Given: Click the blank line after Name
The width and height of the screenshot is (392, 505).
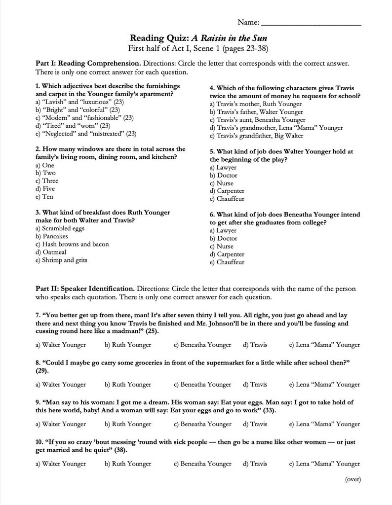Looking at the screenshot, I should pos(311,23).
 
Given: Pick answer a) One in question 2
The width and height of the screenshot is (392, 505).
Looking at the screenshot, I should pos(45,165).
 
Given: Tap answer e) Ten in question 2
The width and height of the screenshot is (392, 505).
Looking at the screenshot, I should pos(44,197).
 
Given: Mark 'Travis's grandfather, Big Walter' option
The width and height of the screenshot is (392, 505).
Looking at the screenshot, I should pos(256,136).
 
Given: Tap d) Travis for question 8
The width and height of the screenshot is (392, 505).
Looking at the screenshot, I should pos(255,384).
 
